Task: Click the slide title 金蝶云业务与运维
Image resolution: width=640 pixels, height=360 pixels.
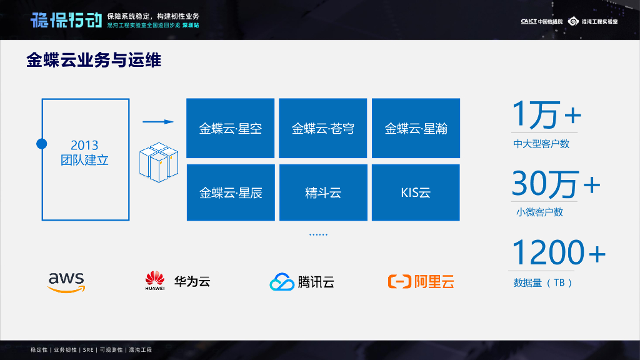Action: click(94, 61)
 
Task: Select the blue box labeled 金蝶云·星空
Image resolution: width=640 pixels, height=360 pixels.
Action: click(231, 128)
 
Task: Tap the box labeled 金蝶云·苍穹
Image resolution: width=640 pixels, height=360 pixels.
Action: click(322, 128)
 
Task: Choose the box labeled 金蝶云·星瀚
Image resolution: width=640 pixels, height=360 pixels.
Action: click(416, 128)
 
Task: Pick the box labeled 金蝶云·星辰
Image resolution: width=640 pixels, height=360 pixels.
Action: click(231, 192)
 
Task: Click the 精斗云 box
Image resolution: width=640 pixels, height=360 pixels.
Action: click(322, 192)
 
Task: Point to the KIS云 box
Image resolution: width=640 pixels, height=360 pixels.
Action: click(416, 192)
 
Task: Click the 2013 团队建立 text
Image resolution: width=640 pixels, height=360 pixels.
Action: click(85, 153)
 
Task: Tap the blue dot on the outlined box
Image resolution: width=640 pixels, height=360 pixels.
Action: click(42, 144)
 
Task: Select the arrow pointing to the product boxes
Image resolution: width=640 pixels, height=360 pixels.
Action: click(157, 122)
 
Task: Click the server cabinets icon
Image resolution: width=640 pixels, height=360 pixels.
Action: click(159, 162)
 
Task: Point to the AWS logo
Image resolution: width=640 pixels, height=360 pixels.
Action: click(66, 281)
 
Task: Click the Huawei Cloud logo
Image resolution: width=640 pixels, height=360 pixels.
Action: click(177, 281)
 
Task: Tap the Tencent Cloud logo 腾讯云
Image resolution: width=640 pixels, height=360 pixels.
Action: click(302, 282)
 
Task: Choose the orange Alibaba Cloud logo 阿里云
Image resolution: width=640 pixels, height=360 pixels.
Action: click(421, 282)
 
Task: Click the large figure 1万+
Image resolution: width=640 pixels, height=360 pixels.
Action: click(546, 115)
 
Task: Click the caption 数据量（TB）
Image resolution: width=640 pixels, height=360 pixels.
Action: click(542, 282)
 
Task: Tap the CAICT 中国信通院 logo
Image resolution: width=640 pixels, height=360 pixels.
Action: click(541, 21)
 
